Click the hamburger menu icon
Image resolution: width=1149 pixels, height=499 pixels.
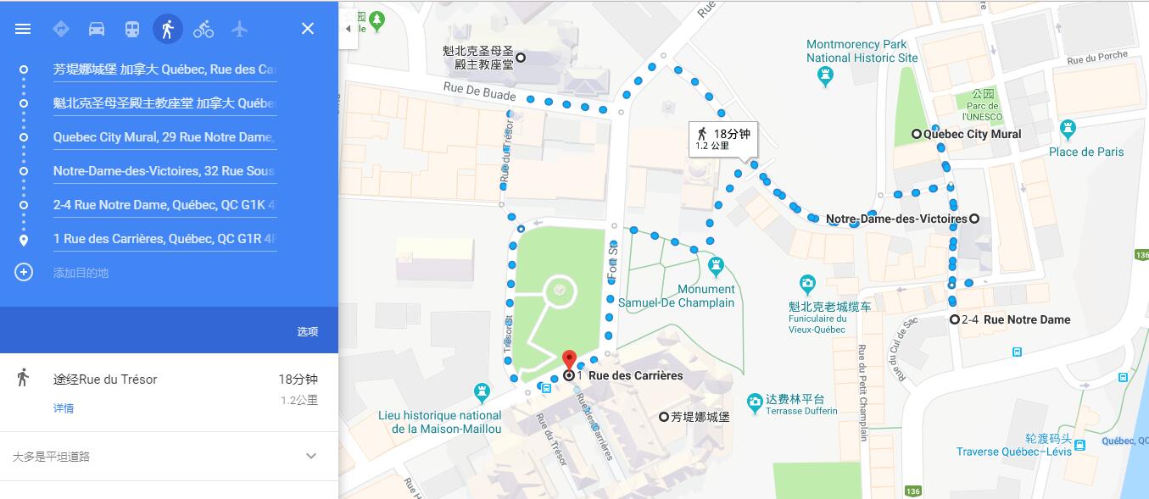[x=23, y=29]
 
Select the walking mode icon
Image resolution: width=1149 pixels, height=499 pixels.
[x=167, y=29]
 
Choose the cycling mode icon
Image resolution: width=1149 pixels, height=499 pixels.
[x=204, y=29]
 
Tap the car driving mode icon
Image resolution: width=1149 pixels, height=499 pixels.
[x=97, y=29]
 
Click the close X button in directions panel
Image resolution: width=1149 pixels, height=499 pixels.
[x=308, y=29]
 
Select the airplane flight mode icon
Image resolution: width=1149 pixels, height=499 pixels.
[x=240, y=29]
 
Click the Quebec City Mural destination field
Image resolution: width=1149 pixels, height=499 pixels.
[x=164, y=137]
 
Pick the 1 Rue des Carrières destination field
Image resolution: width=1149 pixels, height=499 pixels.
[x=164, y=239]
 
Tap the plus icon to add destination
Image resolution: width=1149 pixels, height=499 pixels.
[x=24, y=272]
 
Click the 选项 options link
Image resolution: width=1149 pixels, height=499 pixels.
[x=307, y=331]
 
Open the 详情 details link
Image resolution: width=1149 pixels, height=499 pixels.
[x=64, y=408]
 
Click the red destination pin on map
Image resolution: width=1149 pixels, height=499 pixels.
[x=570, y=360]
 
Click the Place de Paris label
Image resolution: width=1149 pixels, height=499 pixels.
[x=1086, y=152]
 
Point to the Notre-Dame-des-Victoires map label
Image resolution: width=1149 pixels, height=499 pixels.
[x=896, y=219]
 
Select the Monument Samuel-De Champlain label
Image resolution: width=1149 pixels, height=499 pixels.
[x=677, y=297]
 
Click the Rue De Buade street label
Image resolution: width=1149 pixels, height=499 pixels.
[x=479, y=91]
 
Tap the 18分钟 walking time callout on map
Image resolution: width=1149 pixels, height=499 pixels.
[x=722, y=138]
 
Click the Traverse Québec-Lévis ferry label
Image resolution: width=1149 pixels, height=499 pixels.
[x=1013, y=452]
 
